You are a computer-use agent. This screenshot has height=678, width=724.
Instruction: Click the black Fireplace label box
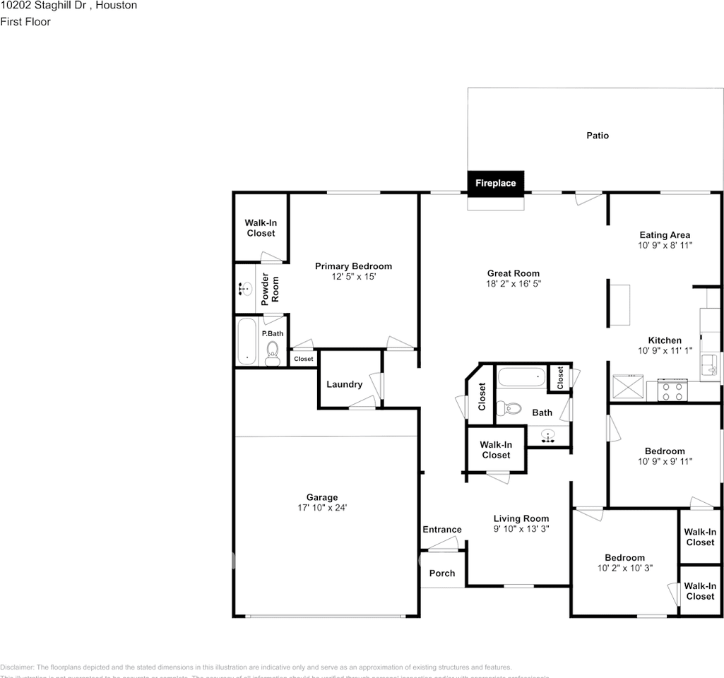click(x=495, y=183)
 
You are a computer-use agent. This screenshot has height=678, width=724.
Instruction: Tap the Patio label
click(x=598, y=136)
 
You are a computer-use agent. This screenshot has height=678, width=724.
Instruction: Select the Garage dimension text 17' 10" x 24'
click(x=322, y=508)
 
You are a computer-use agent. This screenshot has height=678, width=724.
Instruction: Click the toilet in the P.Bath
click(x=273, y=352)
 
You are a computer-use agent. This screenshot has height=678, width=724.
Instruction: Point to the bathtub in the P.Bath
click(x=247, y=341)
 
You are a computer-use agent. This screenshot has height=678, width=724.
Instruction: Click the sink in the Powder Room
click(x=245, y=288)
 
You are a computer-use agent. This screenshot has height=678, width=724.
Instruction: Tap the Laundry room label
click(x=344, y=385)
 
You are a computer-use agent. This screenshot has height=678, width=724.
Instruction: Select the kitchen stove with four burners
click(x=672, y=390)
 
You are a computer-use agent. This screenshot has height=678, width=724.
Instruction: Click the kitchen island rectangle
click(x=620, y=304)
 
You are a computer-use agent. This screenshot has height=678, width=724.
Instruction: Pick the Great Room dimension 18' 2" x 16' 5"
click(x=514, y=284)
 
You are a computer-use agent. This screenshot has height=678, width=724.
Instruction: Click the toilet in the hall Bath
click(x=509, y=408)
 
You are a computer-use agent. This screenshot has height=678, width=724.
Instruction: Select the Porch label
click(x=442, y=573)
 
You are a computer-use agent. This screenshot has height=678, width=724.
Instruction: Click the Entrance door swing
click(x=443, y=543)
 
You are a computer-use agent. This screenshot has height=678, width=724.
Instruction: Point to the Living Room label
click(x=521, y=518)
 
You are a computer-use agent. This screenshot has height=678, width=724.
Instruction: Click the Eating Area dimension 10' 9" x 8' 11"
click(x=665, y=246)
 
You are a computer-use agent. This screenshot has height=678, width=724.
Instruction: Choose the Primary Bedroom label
click(x=353, y=266)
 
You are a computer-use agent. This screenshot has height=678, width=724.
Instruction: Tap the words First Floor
click(x=25, y=22)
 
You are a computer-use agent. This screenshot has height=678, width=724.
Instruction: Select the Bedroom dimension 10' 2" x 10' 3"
click(x=624, y=568)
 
